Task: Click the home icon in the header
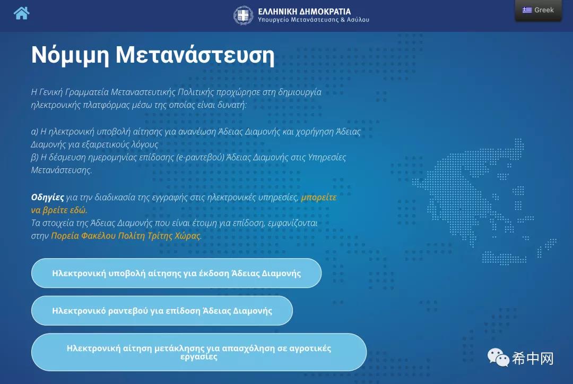pos(22,13)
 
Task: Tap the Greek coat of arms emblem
pos(243,15)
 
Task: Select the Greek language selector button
pos(538,10)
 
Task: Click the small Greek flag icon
pos(527,10)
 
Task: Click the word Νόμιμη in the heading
pos(70,55)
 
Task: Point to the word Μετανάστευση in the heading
pos(195,55)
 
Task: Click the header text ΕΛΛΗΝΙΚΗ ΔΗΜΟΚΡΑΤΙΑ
pos(305,12)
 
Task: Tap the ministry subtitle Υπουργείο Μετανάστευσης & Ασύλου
pos(314,20)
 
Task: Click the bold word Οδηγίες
pos(48,198)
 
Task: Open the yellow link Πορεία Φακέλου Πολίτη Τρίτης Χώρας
pos(126,235)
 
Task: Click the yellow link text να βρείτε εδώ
pos(59,210)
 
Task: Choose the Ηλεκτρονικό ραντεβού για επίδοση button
pos(162,311)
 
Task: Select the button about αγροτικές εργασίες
pos(199,352)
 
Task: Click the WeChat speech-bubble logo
pos(498,357)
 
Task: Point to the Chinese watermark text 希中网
pos(533,358)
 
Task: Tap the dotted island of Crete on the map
pos(505,258)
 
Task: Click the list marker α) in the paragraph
pos(34,132)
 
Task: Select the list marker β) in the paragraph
pos(34,158)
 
